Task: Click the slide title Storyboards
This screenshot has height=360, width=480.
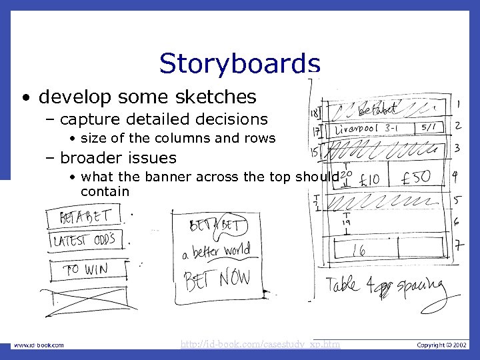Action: [239, 63]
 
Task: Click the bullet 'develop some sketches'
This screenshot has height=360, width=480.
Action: [147, 97]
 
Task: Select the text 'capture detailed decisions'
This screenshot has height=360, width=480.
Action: [163, 119]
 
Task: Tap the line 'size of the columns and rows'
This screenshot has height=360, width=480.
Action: [177, 138]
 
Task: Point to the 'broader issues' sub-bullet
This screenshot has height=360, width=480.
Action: [117, 158]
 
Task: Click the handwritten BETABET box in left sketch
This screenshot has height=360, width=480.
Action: [85, 216]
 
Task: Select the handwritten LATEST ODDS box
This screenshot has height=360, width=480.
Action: [86, 240]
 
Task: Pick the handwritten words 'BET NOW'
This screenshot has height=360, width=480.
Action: [217, 278]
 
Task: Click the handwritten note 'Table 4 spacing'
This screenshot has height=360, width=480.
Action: [385, 287]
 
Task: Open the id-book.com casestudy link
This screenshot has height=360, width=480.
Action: [261, 345]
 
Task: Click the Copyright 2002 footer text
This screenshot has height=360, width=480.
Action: [442, 345]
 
